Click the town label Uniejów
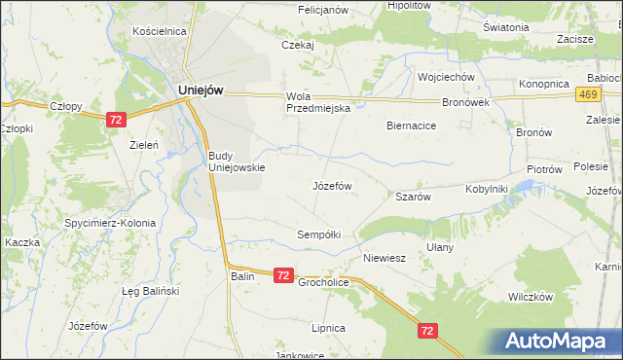202,89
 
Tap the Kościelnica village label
159,31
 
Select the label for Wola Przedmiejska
317,102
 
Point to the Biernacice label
411,126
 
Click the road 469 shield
587,94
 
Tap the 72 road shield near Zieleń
116,119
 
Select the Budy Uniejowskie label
237,161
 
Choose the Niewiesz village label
384,259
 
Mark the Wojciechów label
445,77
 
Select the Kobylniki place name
487,189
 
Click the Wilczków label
530,297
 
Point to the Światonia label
505,27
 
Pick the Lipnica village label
329,329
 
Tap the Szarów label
413,196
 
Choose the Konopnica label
543,84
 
